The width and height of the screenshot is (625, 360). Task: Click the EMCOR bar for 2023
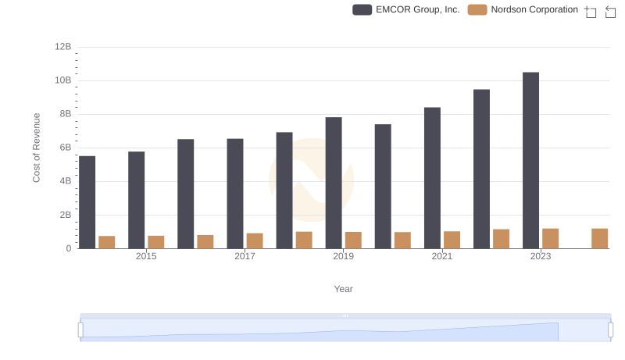[531, 160]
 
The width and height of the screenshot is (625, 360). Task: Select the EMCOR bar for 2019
[334, 183]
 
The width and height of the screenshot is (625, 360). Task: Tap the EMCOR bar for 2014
[87, 202]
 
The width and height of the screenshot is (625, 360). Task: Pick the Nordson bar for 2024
[600, 238]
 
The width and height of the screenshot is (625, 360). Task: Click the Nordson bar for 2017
[255, 241]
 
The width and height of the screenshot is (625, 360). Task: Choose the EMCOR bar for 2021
[432, 178]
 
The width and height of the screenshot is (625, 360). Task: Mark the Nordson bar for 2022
[502, 239]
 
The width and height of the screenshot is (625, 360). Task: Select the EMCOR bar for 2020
[383, 186]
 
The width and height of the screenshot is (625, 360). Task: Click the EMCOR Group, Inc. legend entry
[406, 9]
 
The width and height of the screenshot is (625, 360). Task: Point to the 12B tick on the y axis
[63, 47]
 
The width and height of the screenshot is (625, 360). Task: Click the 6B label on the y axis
[66, 148]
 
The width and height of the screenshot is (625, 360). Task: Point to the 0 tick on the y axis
[69, 248]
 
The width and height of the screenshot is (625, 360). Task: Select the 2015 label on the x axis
[146, 256]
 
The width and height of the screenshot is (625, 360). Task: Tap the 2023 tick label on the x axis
[541, 256]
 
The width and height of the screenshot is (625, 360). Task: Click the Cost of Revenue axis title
[37, 148]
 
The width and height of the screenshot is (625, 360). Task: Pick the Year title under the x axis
[344, 289]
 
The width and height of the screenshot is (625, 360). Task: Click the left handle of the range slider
[80, 330]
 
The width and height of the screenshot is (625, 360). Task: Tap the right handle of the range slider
[611, 330]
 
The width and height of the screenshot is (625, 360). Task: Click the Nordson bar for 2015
[156, 242]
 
